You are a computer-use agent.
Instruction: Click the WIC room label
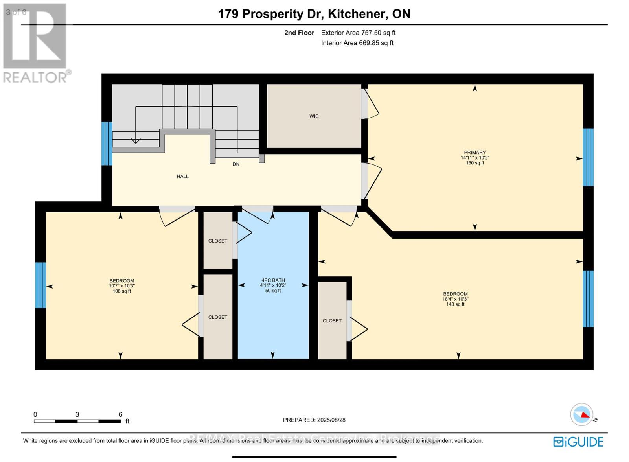click(314, 116)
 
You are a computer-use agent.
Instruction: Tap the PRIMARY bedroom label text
click(475, 153)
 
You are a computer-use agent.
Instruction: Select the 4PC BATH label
click(273, 280)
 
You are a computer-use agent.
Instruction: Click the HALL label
click(182, 177)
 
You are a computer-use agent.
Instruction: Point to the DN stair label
click(236, 164)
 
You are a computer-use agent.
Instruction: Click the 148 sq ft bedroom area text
click(455, 304)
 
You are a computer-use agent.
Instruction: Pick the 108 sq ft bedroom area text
click(121, 291)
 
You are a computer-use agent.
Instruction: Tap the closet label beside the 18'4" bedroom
click(332, 321)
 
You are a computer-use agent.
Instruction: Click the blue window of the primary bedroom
click(588, 157)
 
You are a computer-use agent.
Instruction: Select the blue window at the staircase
click(107, 144)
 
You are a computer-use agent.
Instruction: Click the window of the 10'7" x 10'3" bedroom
click(40, 285)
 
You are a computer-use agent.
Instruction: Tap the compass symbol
click(582, 414)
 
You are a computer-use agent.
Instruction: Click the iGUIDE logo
click(578, 442)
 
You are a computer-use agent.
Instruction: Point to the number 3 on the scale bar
click(77, 414)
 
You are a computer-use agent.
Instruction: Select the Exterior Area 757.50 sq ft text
click(358, 33)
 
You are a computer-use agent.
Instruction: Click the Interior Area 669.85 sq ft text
click(357, 43)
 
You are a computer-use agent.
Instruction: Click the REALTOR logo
click(37, 43)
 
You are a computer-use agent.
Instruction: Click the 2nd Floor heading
click(299, 33)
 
